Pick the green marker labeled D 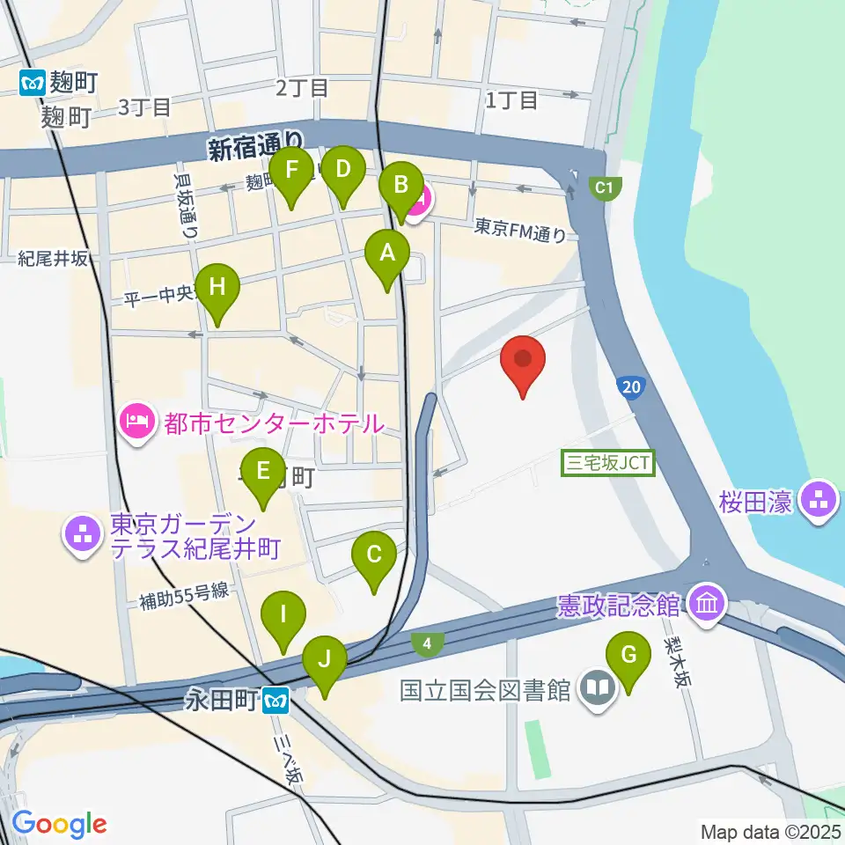tap(343, 168)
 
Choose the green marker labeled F tap(292, 168)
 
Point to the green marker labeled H tap(217, 287)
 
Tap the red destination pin tap(523, 361)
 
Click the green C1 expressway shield tap(603, 187)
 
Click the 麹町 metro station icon tap(32, 83)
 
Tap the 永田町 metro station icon tap(278, 701)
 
